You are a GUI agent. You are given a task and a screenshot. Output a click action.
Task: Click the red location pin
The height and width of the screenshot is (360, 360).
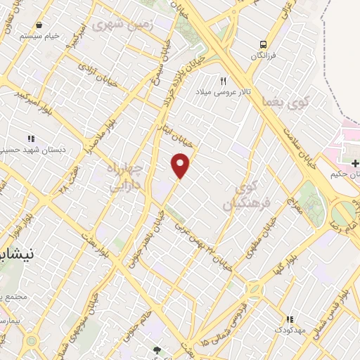coord(181,165)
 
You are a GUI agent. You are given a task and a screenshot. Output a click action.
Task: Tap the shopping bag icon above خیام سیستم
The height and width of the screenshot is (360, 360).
coord(39,24)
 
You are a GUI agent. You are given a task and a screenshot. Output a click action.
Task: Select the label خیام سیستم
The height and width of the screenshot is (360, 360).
coord(39,34)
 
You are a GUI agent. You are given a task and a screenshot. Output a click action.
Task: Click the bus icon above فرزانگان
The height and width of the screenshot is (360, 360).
coord(261,42)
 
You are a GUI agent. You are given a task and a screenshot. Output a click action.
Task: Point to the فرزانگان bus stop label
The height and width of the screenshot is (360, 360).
coord(261,53)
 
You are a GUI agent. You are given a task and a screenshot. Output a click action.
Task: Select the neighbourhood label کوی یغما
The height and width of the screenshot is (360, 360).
coord(277,101)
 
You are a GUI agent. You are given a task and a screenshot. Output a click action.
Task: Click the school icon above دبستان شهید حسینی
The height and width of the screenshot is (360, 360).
coord(30,139)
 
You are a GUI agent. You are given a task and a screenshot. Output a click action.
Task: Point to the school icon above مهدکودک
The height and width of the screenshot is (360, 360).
coord(289,319)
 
